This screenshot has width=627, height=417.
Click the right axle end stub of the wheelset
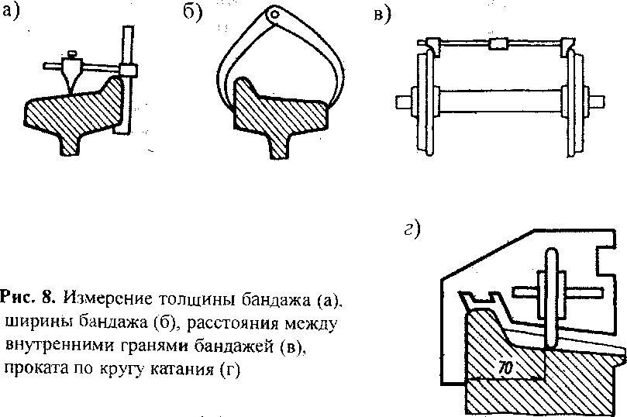[x=599, y=101]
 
